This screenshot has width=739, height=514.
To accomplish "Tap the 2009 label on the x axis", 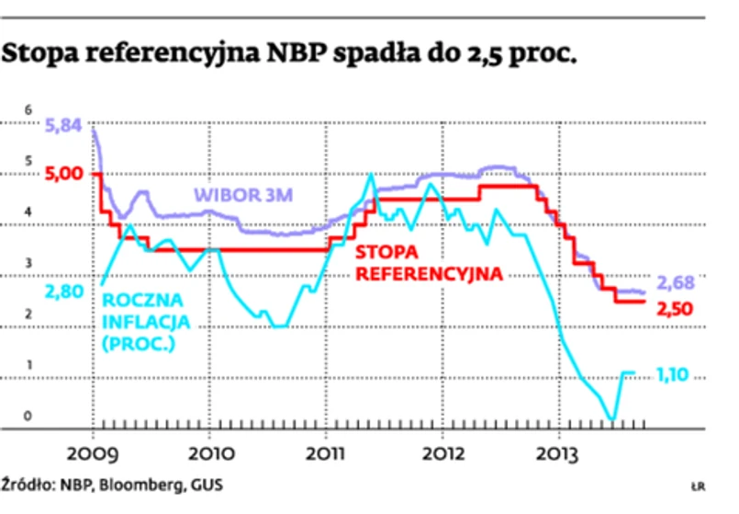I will pos(93,453).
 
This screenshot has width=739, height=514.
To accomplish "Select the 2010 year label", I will pos(210,453).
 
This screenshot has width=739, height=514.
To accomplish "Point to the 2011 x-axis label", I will pos(327,453).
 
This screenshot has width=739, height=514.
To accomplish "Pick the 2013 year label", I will pos(562,453).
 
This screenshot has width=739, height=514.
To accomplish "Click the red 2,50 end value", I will pos(676,310).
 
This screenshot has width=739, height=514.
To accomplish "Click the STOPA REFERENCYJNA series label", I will pos(429,263).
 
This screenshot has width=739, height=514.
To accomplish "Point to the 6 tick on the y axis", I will pos(28,111).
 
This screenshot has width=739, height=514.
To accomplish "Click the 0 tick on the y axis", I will pos(28,417).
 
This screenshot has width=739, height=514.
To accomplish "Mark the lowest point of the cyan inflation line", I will pos(612,419).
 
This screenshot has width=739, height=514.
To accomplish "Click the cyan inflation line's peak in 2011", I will pos(371,173).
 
